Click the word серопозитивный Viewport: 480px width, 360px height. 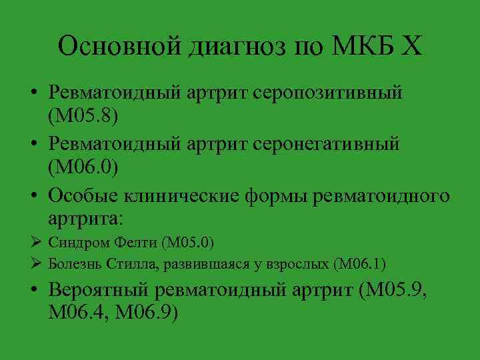point(327,94)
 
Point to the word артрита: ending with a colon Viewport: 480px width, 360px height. point(86,219)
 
